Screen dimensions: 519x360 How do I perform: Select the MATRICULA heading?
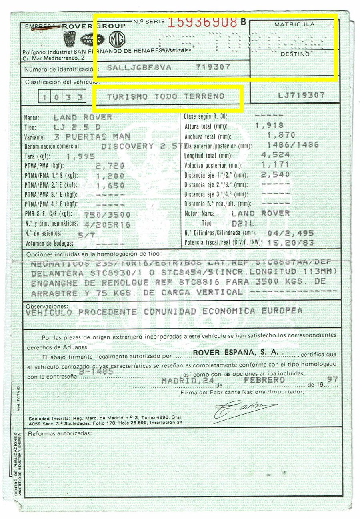(x=294, y=24)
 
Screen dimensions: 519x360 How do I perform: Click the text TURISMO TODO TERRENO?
(x=166, y=97)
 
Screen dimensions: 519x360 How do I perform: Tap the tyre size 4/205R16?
(x=107, y=225)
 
